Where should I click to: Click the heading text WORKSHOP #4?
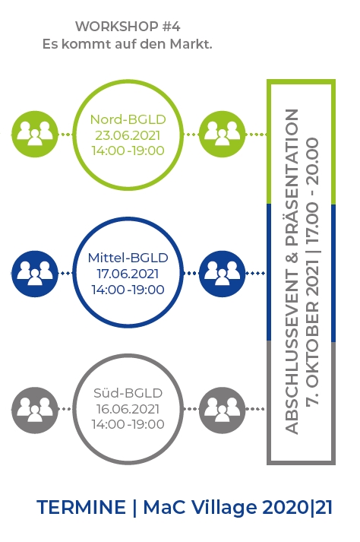pyautogui.click(x=128, y=27)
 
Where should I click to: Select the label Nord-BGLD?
pyautogui.click(x=128, y=119)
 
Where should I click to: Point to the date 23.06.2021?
pyautogui.click(x=128, y=135)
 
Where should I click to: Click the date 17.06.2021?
pyautogui.click(x=128, y=274)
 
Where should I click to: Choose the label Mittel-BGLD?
pyautogui.click(x=128, y=258)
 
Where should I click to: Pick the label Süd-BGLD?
pyautogui.click(x=128, y=393)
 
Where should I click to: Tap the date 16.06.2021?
pyautogui.click(x=128, y=409)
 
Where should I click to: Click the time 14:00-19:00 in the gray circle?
pyautogui.click(x=128, y=424)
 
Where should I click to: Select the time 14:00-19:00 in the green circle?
pyautogui.click(x=128, y=151)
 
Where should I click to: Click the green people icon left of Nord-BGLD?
pyautogui.click(x=35, y=134)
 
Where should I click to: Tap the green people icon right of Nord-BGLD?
pyautogui.click(x=222, y=134)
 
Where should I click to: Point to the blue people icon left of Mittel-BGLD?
pyautogui.click(x=35, y=274)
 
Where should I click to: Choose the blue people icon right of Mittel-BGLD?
pyautogui.click(x=222, y=274)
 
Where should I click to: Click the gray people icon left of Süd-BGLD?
pyautogui.click(x=35, y=410)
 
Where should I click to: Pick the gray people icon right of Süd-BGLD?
pyautogui.click(x=222, y=410)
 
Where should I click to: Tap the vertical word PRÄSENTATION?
pyautogui.click(x=292, y=178)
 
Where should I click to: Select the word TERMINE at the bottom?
pyautogui.click(x=81, y=508)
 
